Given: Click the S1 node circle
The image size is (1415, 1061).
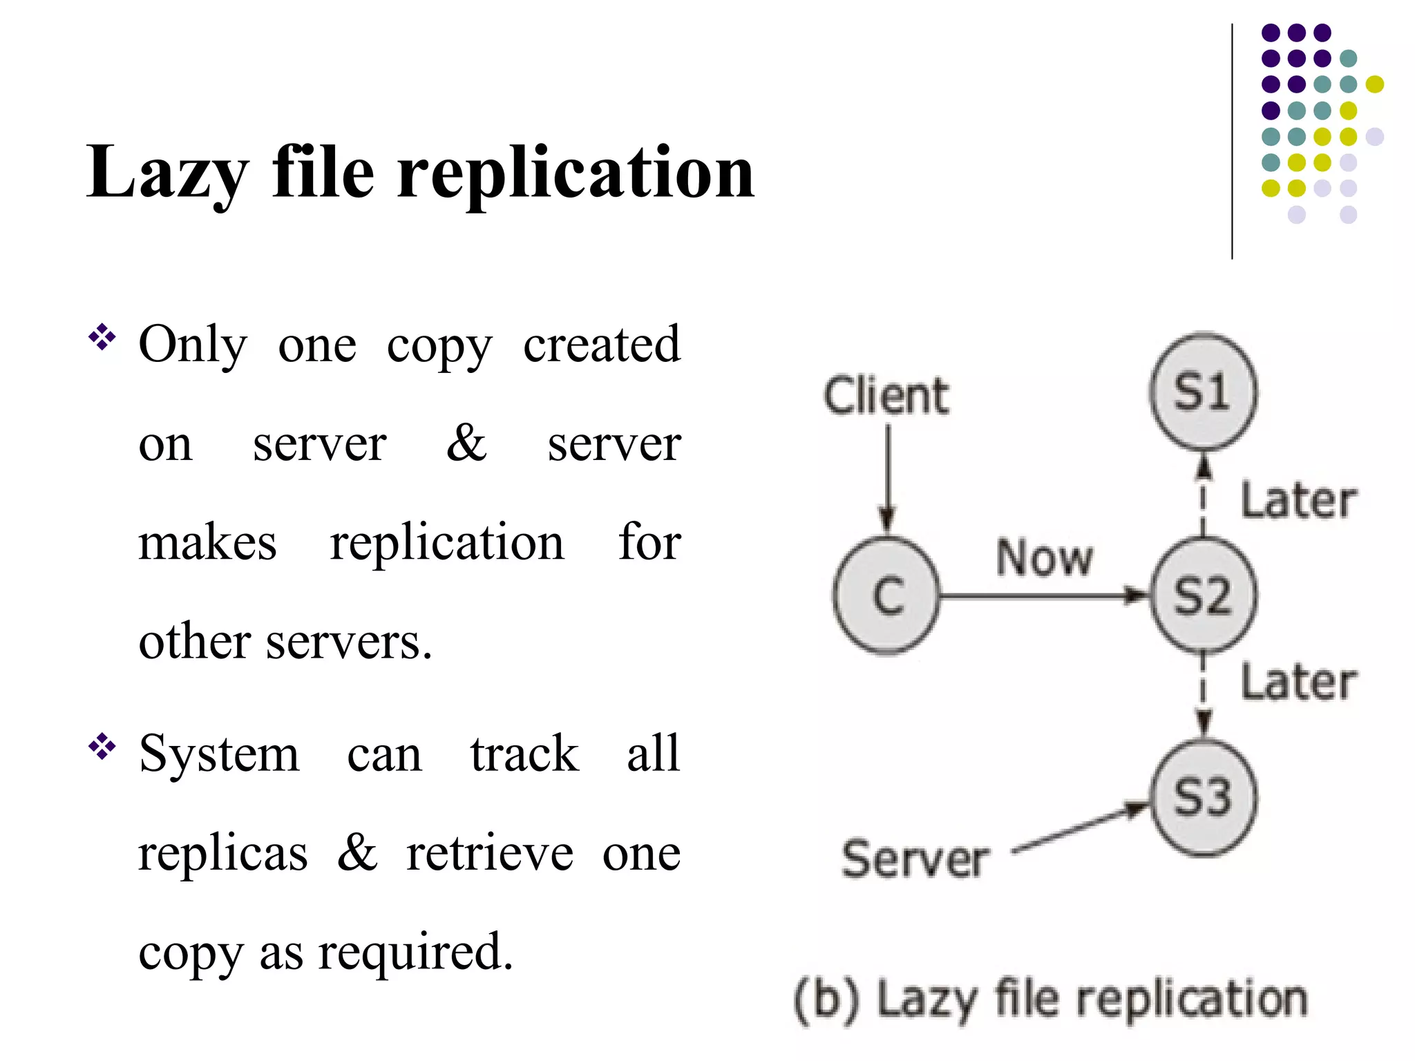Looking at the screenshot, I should [x=1204, y=392].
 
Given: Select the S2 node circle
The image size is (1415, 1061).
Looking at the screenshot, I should [x=1204, y=595].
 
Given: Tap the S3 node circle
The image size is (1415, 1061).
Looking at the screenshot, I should [x=1204, y=798].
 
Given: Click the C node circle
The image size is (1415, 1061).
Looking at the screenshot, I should [x=887, y=595].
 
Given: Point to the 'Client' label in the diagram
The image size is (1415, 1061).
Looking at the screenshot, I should [x=886, y=396].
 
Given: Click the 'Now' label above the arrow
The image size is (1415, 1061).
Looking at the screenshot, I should [x=1044, y=557].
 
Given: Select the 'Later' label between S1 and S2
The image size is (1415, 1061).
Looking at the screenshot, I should [x=1298, y=500].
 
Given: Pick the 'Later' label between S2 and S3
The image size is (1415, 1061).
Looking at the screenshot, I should [x=1298, y=682].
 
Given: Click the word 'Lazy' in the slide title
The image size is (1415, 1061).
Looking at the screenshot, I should [x=167, y=173].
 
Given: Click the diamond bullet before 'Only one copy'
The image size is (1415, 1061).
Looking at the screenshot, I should [x=102, y=338].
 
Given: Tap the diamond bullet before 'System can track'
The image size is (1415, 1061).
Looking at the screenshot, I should [x=102, y=747].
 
